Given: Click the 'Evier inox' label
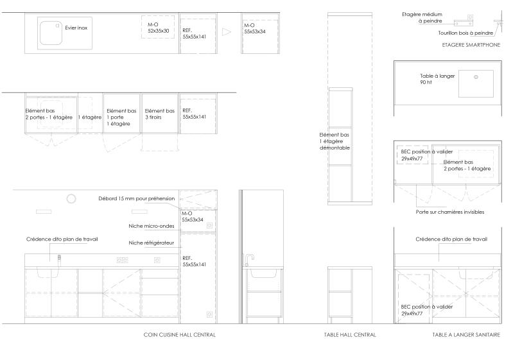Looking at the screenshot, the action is click(76, 28).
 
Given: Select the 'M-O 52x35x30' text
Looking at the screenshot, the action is click(159, 28).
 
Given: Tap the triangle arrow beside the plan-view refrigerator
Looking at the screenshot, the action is click(227, 31).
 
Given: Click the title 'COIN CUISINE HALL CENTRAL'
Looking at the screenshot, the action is click(180, 335).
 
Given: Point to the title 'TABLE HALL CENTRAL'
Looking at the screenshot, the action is click(350, 335).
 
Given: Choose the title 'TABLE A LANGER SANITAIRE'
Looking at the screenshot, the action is click(466, 335).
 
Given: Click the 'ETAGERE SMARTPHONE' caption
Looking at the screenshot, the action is click(471, 45).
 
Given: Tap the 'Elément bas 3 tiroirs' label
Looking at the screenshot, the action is click(160, 114).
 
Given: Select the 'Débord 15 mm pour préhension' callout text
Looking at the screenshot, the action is click(136, 198).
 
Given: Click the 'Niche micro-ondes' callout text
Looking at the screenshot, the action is click(151, 226).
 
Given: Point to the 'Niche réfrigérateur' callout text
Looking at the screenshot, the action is click(151, 243).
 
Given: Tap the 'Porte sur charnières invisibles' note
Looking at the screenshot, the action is click(450, 212).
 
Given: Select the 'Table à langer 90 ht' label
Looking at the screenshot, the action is click(437, 79).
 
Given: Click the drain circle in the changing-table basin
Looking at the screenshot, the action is click(476, 77).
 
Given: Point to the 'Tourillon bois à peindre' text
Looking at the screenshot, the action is click(465, 33).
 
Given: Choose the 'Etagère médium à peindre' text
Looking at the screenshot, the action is click(422, 18).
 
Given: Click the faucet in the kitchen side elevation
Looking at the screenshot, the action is click(249, 260).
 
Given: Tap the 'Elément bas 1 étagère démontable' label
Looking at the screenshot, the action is click(335, 141).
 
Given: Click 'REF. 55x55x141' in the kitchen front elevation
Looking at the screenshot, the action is click(195, 261).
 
